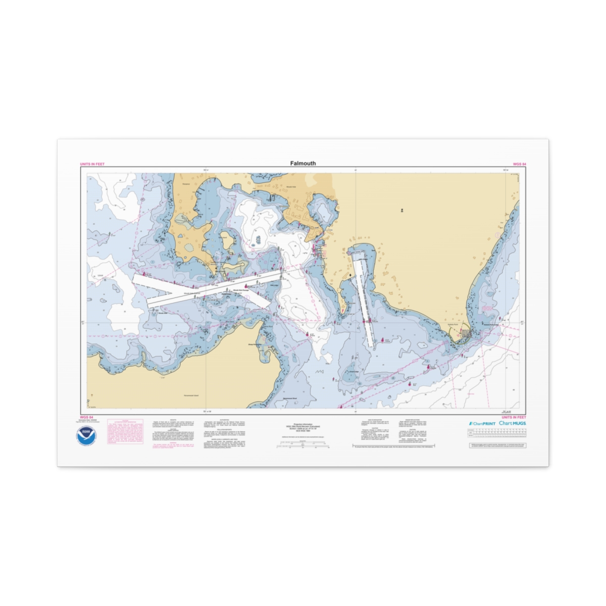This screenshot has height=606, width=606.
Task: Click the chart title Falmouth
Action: (x=303, y=163)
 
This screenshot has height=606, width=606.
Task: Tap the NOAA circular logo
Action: (x=86, y=435)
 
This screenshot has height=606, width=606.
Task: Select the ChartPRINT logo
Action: (x=482, y=423)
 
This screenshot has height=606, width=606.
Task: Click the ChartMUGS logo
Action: (x=512, y=423)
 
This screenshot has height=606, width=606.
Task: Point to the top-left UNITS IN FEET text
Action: (x=92, y=165)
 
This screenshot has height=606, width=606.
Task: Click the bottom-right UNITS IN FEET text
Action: (x=514, y=417)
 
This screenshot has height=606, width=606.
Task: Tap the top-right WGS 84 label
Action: (x=520, y=165)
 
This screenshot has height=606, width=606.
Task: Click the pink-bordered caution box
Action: (x=122, y=432)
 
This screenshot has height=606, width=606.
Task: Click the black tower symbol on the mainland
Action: (x=351, y=275)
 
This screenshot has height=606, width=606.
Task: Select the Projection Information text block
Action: (x=303, y=426)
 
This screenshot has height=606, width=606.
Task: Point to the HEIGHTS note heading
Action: (x=173, y=420)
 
